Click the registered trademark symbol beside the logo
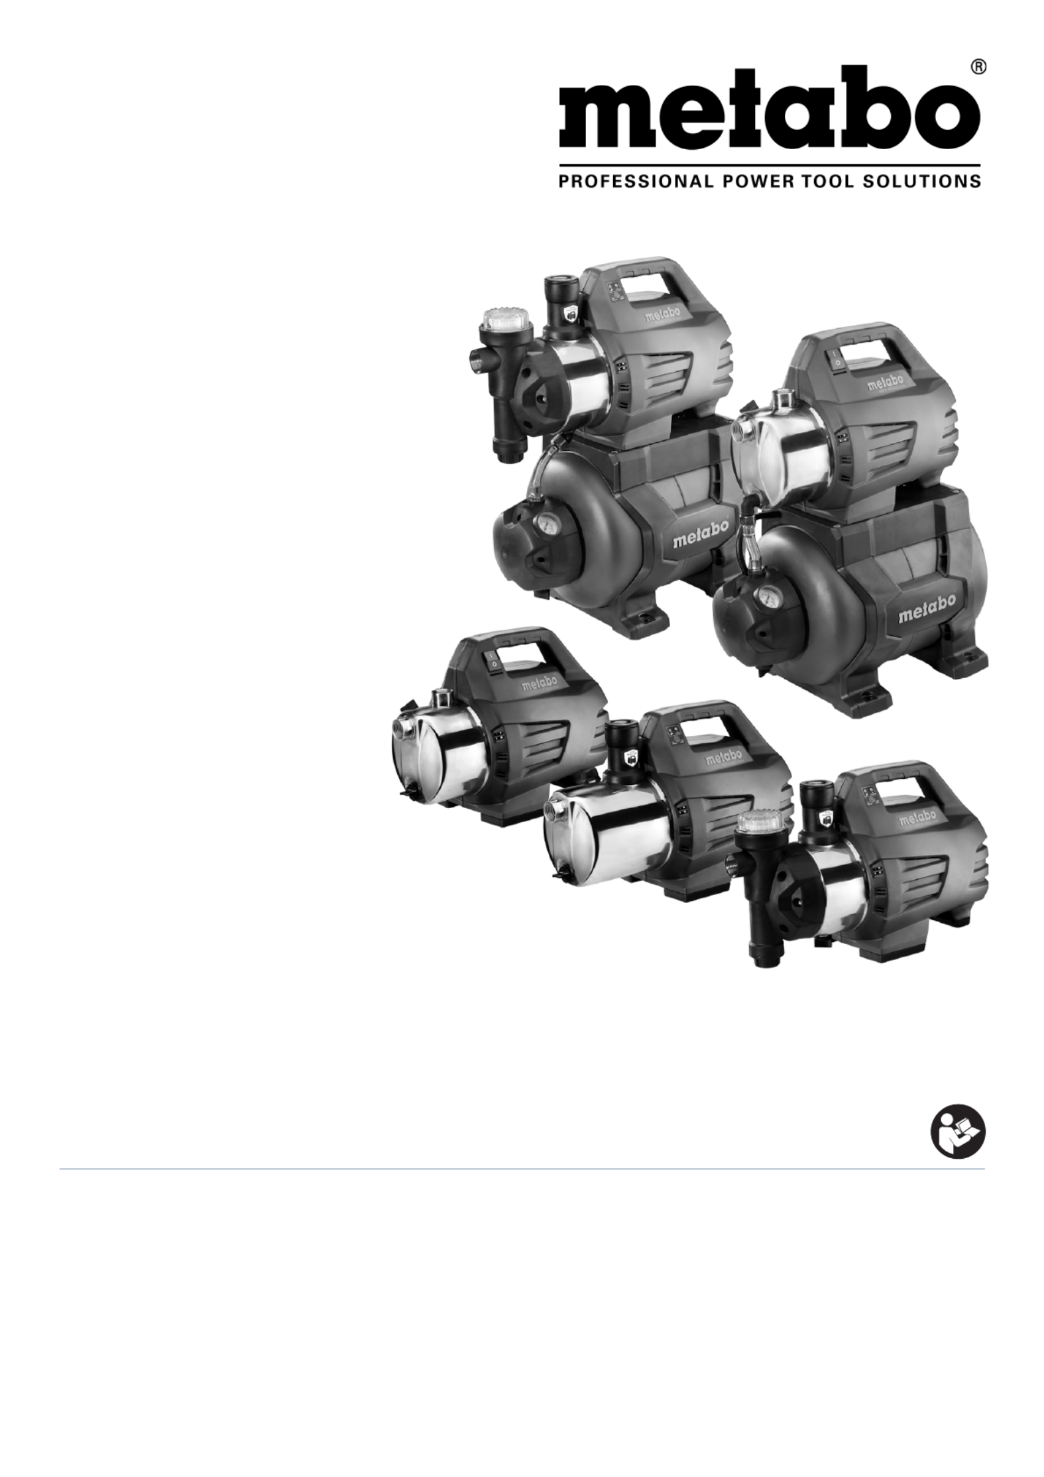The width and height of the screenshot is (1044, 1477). pos(976,68)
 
